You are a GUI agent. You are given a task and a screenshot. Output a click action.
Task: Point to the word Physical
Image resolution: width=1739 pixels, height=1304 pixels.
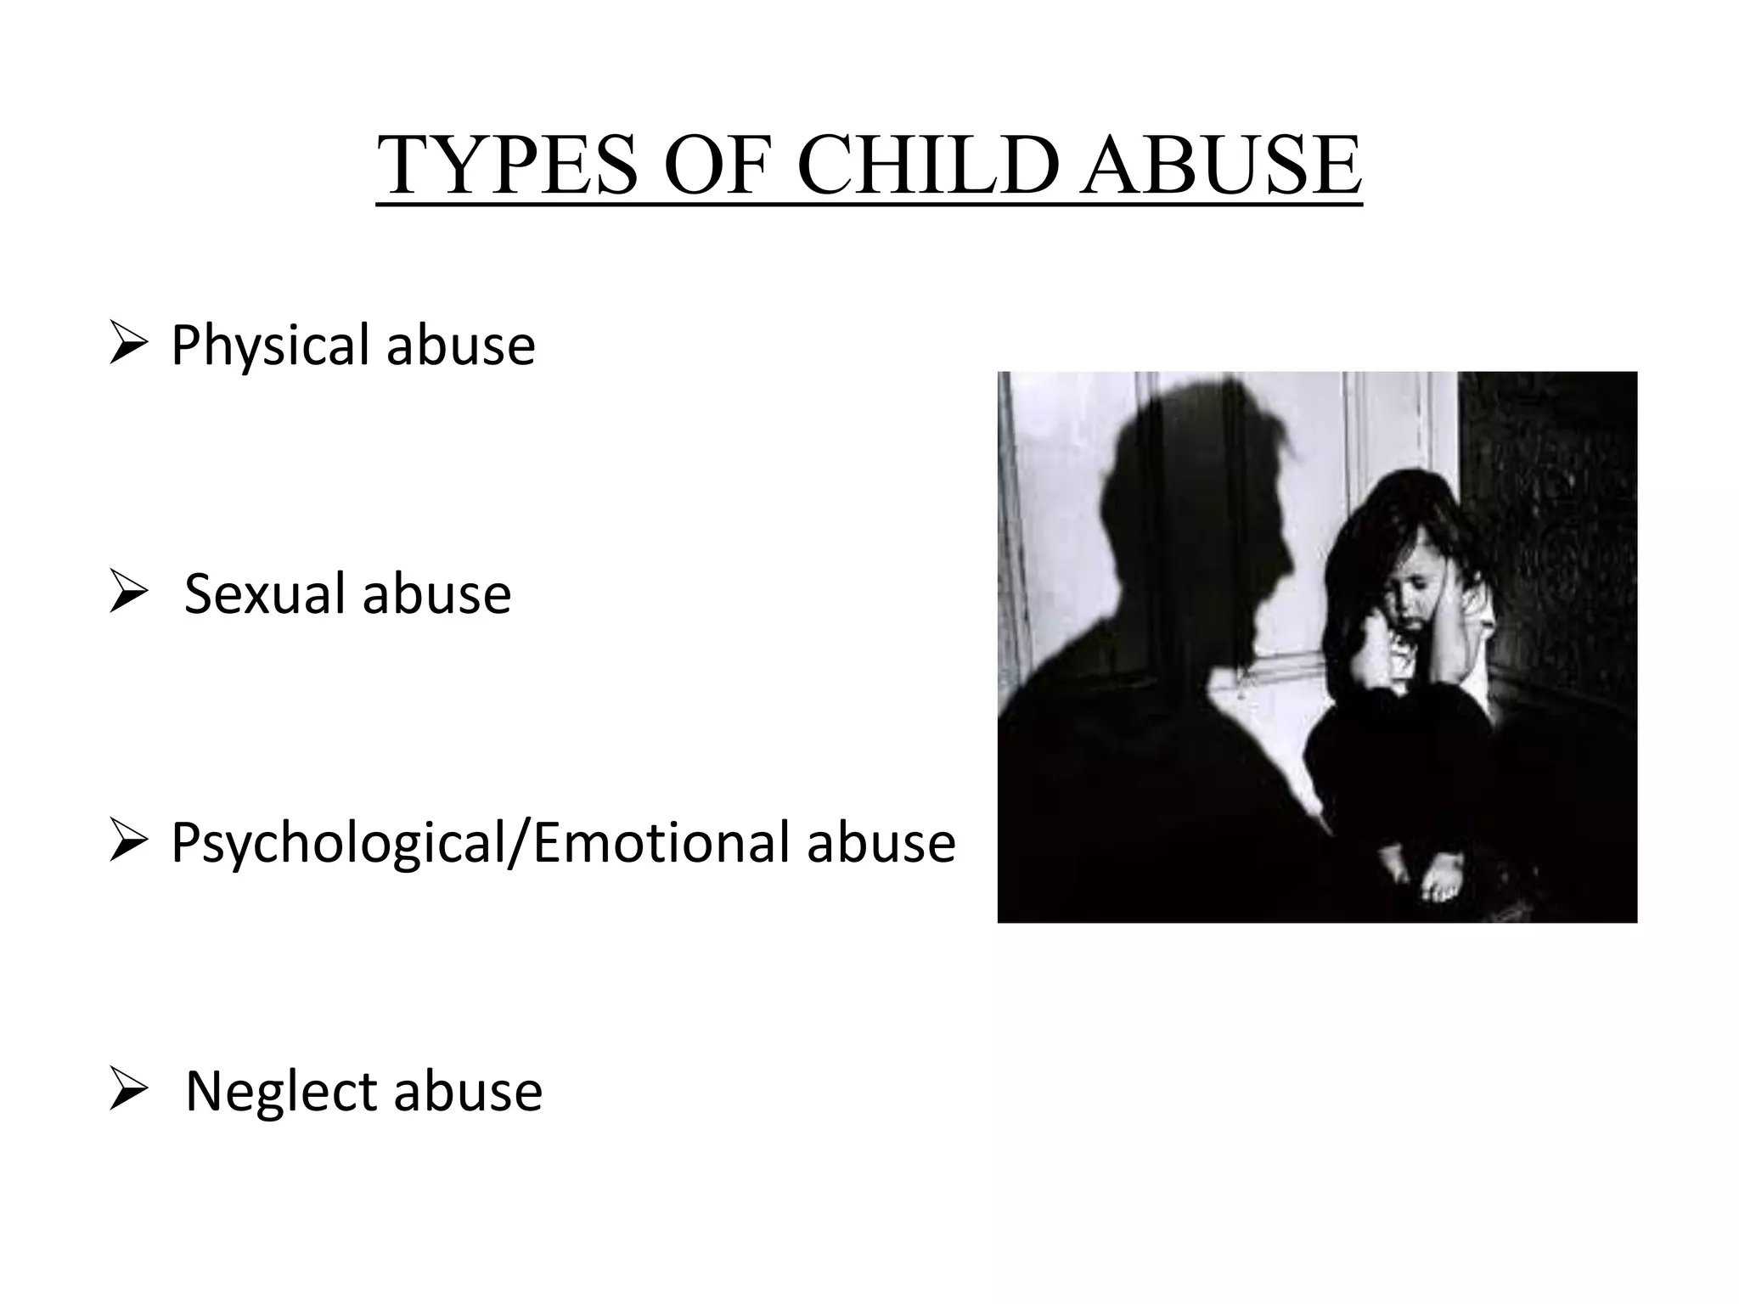coord(273,346)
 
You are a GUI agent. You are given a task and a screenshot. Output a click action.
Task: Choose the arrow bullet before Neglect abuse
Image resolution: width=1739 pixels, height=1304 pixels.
coord(129,1093)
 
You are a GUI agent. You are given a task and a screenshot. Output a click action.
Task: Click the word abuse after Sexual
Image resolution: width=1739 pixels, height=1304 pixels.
coord(437,593)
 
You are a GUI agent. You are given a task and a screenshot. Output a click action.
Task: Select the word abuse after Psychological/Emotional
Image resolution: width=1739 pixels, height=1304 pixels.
coord(881,843)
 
